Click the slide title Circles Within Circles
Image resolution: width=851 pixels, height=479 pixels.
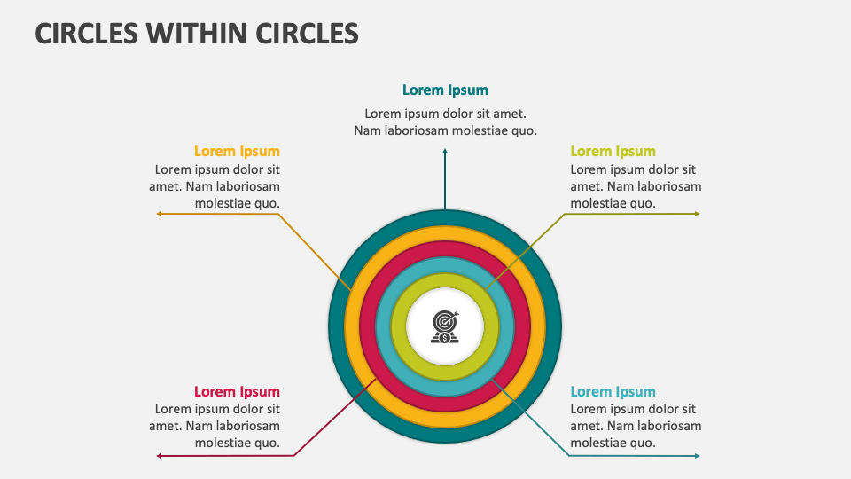(197, 34)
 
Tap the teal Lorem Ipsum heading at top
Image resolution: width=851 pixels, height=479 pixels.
(445, 90)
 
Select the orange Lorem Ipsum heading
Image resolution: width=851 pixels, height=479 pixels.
(237, 152)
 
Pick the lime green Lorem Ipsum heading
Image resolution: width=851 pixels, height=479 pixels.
(613, 152)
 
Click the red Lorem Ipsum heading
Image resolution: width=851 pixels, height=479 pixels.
(237, 391)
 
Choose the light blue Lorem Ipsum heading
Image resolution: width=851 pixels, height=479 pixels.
(613, 391)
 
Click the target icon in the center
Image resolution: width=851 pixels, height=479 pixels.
(445, 327)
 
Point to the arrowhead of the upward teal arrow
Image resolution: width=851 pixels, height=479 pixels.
(445, 152)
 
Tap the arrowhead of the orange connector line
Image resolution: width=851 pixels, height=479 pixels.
(160, 214)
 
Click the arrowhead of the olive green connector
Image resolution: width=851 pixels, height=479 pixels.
(697, 214)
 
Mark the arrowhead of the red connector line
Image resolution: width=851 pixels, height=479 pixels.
(160, 456)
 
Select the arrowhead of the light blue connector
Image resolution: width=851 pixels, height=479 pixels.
(697, 456)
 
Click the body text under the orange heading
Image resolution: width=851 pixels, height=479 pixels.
(215, 186)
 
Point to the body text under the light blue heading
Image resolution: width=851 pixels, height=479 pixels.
(636, 426)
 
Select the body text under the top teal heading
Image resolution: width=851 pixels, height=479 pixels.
(445, 122)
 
